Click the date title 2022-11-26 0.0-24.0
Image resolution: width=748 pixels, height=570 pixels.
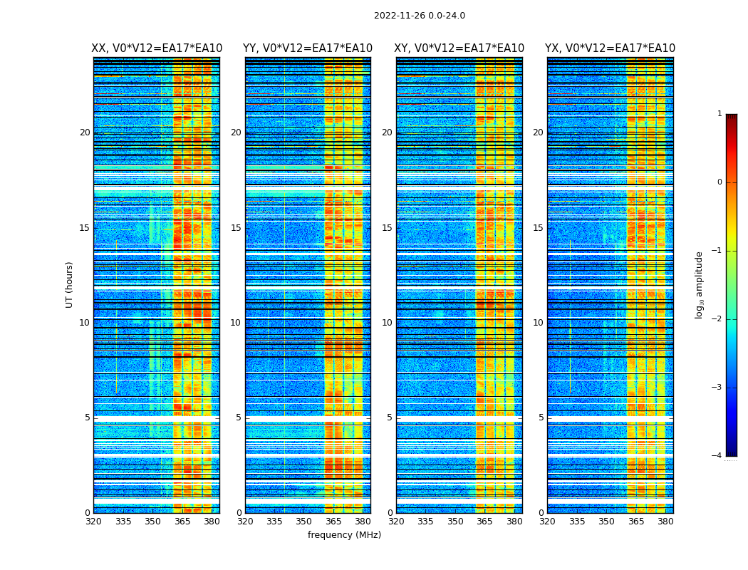point(419,16)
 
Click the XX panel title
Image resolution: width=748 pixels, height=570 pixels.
point(157,48)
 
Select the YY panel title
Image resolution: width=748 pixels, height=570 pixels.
point(308,48)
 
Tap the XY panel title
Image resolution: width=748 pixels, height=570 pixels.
point(459,48)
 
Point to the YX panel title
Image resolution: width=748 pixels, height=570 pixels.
point(610,48)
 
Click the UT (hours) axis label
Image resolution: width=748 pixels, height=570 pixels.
point(70,284)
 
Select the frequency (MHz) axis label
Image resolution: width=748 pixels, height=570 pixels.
point(344,535)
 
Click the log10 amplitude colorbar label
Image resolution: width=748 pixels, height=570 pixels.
point(700,284)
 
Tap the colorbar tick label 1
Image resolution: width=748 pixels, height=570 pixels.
point(719,114)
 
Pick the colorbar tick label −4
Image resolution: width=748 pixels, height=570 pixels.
point(717,456)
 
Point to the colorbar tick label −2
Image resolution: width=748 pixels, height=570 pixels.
point(717,319)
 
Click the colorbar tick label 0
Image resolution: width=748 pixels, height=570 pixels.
point(719,182)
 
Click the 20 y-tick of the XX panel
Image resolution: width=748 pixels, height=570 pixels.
point(85,133)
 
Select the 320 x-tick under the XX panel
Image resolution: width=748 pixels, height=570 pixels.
point(93,522)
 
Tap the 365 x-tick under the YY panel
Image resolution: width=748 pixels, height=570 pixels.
point(333,522)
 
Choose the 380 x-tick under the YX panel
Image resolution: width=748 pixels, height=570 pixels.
point(665,522)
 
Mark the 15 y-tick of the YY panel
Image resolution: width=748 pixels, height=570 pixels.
point(236,228)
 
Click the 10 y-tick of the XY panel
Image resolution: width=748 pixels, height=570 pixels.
point(387,323)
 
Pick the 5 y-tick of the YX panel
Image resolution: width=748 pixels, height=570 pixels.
point(541,418)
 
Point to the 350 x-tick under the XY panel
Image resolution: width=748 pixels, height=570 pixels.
point(455,522)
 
